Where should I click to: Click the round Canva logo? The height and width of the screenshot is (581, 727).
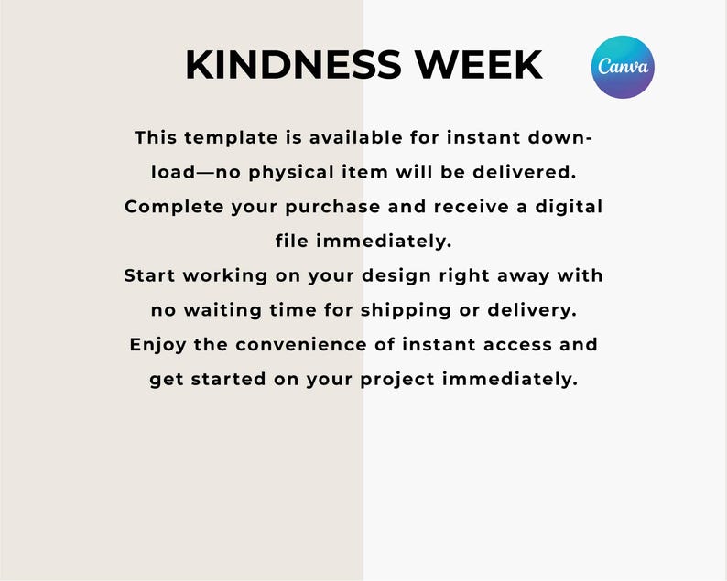pos(624,67)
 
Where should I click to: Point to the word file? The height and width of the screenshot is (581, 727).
pos(293,242)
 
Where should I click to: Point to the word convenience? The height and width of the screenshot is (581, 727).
pos(304,345)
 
